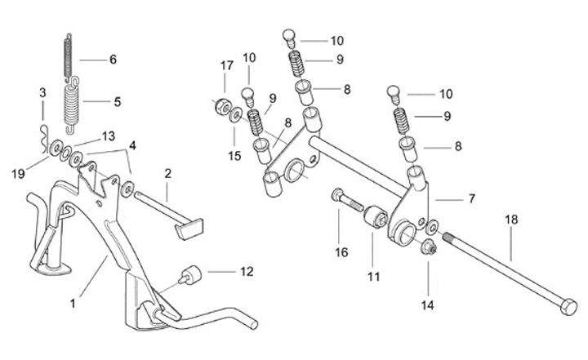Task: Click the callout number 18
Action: (511, 220)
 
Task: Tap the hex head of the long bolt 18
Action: (568, 306)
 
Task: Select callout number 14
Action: (427, 305)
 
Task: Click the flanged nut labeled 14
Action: (427, 247)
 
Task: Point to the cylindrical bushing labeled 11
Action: (376, 216)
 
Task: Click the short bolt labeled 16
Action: (347, 201)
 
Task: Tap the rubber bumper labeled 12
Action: (191, 275)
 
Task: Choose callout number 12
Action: (247, 271)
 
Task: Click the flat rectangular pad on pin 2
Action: (190, 229)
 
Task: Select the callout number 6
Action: (113, 60)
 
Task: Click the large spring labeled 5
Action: (71, 105)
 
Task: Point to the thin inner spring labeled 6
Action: (69, 56)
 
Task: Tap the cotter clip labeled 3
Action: (45, 140)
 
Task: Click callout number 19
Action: (18, 174)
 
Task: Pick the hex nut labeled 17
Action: (222, 108)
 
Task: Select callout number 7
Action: (471, 198)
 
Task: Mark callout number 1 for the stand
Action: (73, 304)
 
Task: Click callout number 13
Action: (109, 136)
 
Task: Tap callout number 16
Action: (341, 252)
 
